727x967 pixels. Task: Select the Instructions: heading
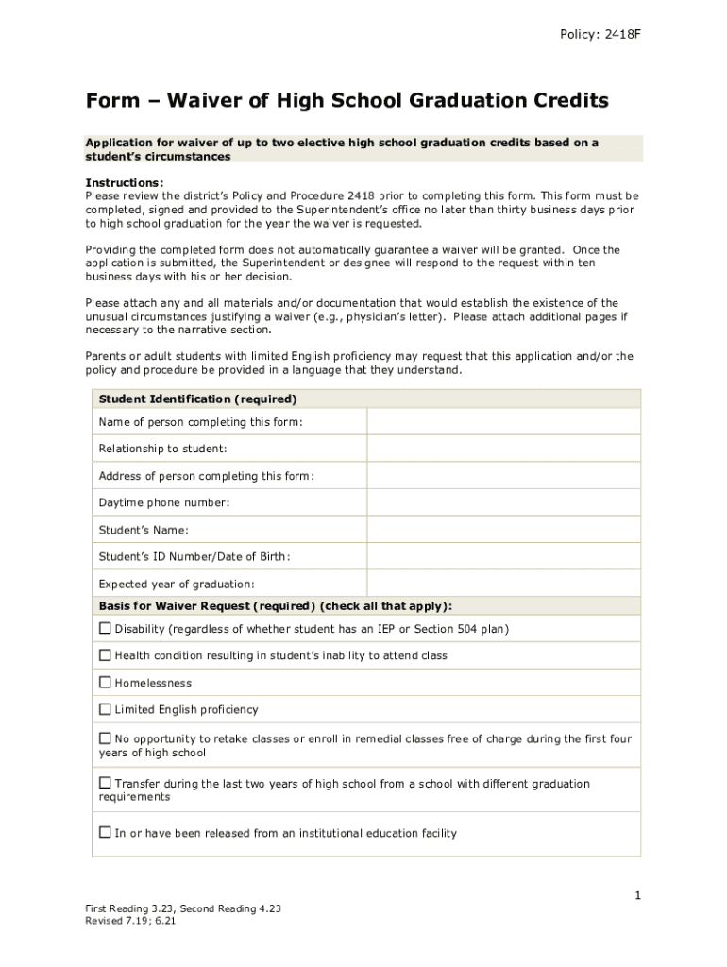124,183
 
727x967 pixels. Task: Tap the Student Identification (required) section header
197,399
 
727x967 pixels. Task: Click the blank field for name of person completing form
503,422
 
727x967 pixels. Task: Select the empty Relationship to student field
503,449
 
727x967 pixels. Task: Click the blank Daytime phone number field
503,503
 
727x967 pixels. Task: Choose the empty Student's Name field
503,530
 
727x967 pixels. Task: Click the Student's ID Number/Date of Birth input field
503,557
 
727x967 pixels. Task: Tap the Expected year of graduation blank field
503,584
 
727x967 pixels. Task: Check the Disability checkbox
105,629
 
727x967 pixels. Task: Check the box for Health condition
105,655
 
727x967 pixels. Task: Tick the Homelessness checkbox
105,683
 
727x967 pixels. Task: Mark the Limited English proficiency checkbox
105,709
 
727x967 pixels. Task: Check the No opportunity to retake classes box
105,738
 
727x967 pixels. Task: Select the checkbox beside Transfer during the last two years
105,784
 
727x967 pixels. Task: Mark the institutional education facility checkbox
105,833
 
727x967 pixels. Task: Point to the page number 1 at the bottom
638,894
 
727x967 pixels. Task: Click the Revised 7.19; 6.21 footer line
130,921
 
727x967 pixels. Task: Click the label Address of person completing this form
206,476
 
